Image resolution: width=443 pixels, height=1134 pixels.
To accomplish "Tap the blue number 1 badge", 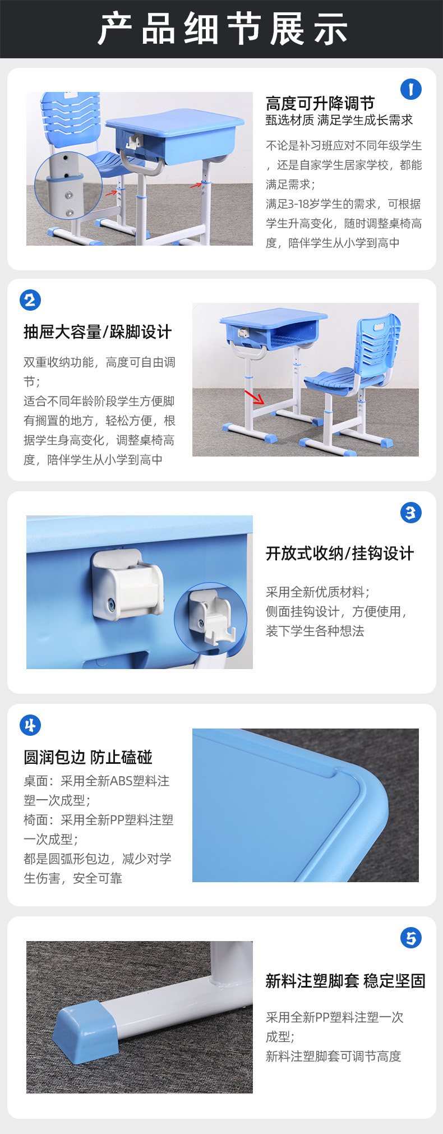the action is [x=410, y=89].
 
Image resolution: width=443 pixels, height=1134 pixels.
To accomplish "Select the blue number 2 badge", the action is [x=30, y=300].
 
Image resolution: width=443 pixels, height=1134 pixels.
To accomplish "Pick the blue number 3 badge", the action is [x=410, y=512].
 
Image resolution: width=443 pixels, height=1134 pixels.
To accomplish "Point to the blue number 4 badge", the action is [x=30, y=725].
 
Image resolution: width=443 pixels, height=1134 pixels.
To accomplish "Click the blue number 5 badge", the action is [x=410, y=937].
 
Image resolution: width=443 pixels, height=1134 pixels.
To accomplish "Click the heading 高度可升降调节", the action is [x=320, y=103].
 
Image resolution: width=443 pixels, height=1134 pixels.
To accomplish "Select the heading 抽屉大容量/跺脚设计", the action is [x=98, y=332].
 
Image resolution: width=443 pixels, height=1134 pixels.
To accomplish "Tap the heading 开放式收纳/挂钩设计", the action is [x=340, y=554].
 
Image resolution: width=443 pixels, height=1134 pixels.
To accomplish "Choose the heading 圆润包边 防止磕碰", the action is [x=88, y=757].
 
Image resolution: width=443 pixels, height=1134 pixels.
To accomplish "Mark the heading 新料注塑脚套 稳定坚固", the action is [x=345, y=981].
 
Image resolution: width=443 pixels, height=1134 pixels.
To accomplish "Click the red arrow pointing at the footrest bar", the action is [x=254, y=397].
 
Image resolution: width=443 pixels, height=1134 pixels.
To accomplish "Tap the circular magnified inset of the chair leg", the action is [x=68, y=186].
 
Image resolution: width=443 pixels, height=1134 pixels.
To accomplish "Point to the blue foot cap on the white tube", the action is [x=86, y=1029].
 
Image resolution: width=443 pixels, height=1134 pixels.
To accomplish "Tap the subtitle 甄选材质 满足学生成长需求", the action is [x=339, y=120].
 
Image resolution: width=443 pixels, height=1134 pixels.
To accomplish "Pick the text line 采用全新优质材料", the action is [x=318, y=592].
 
